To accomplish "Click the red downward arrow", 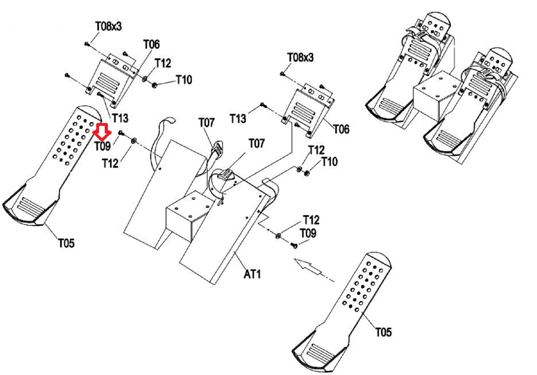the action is coord(102,132).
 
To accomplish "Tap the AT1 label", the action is coord(252,274).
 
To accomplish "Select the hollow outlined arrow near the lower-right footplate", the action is coord(308,266).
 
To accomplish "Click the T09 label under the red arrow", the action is coord(103,146).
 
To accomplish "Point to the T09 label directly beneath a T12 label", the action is coord(308,233).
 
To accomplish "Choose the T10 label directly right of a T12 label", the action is coord(329,162).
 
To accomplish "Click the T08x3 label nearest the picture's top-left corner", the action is coord(108,26).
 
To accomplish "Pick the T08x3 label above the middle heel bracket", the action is coord(300,58).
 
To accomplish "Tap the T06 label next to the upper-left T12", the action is coord(152,44).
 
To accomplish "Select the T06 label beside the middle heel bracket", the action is coord(342,129).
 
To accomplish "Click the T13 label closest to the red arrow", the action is coord(121,118).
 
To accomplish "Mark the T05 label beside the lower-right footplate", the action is coord(383,332).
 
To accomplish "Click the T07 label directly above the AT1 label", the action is coord(257,144).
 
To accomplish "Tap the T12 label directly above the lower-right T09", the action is coord(311,220).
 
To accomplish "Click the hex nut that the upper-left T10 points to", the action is coord(155,85).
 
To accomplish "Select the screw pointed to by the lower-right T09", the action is coord(294,245).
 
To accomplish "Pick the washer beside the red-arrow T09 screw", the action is coord(133,140).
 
